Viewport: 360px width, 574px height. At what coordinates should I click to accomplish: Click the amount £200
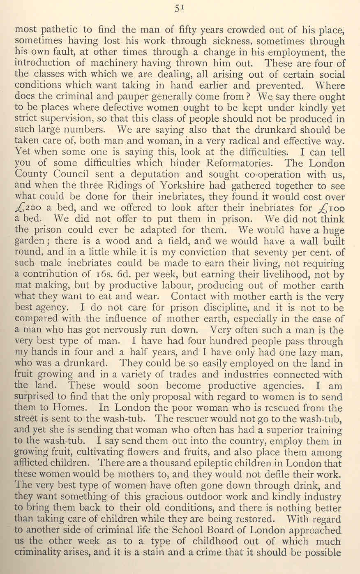[29, 208]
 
